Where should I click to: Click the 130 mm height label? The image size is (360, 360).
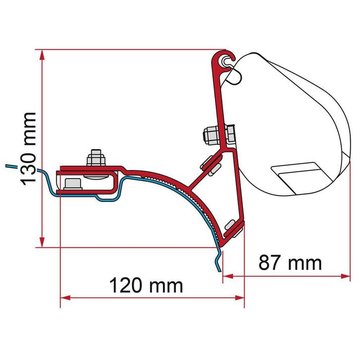[x=28, y=147]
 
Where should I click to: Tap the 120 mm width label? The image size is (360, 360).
[x=146, y=285]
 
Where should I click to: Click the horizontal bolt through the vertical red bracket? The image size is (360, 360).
[x=216, y=134]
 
